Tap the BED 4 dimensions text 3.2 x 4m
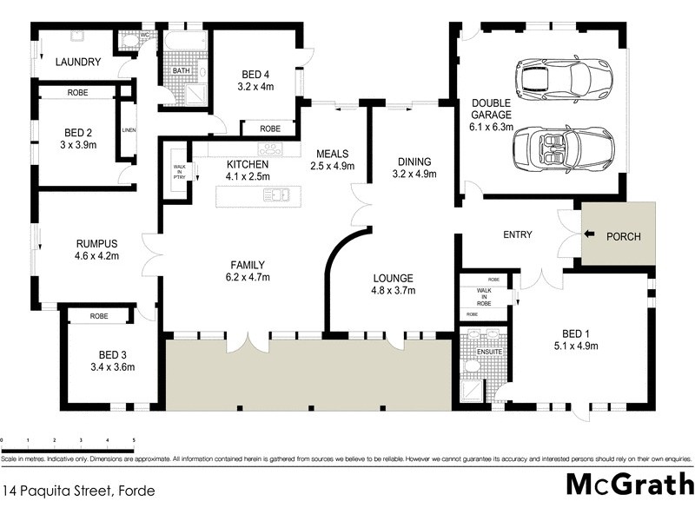click(255, 87)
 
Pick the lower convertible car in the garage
click(565, 147)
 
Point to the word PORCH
click(623, 235)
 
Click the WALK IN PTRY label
click(180, 172)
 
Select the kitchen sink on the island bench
click(278, 195)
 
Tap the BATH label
click(182, 72)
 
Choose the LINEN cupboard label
click(129, 131)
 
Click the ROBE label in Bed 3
click(98, 317)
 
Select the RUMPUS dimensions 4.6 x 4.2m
click(96, 256)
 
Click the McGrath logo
click(629, 484)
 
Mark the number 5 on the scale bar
click(134, 441)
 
